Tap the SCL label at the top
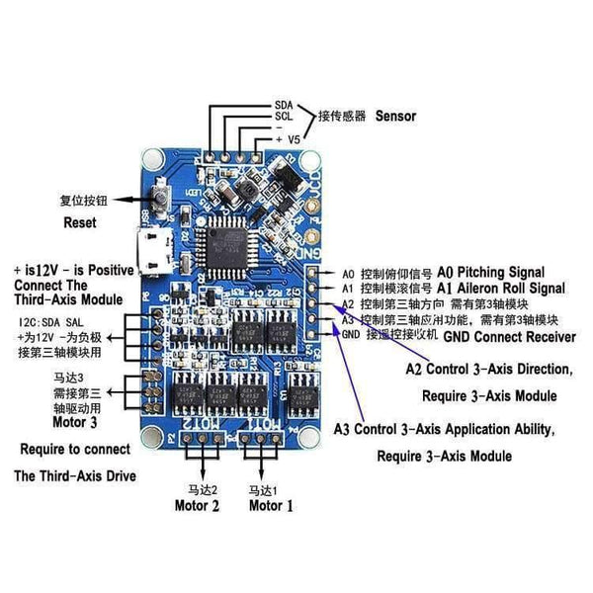pos(283,116)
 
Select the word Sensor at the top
pos(395,116)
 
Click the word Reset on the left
pos(80,223)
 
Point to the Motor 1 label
pos(271,507)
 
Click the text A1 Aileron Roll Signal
pos(500,288)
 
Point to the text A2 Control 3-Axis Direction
pos(488,370)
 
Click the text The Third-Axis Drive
pos(75,475)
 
